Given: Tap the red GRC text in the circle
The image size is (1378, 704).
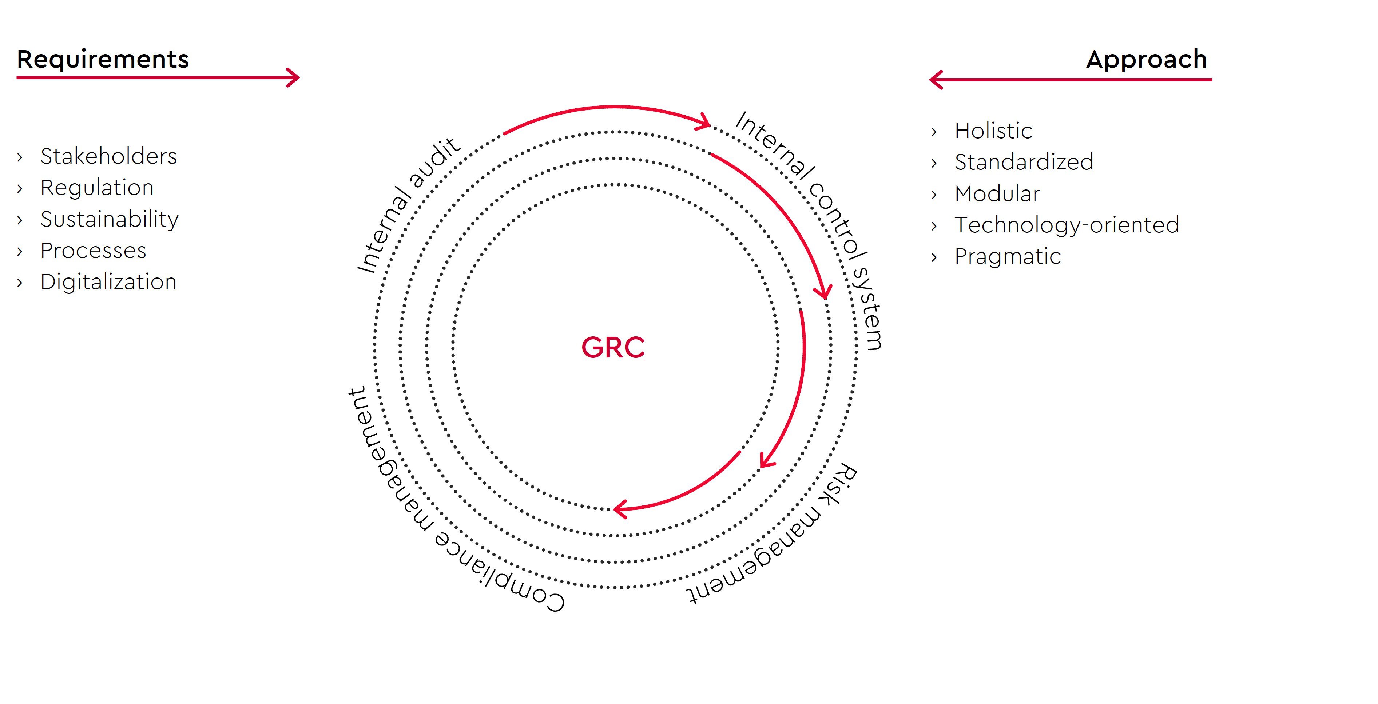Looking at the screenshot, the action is point(613,348).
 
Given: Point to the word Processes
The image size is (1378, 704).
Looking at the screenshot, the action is point(94,251).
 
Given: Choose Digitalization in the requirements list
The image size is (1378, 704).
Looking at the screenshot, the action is point(108,282).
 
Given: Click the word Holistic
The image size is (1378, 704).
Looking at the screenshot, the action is point(993,131).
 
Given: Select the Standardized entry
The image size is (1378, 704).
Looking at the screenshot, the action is point(1024,162).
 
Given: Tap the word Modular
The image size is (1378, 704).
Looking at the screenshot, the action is point(997,193).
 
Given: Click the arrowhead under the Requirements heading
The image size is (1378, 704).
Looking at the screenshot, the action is point(293,77).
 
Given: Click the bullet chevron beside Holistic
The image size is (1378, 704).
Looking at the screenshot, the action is point(934,132).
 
